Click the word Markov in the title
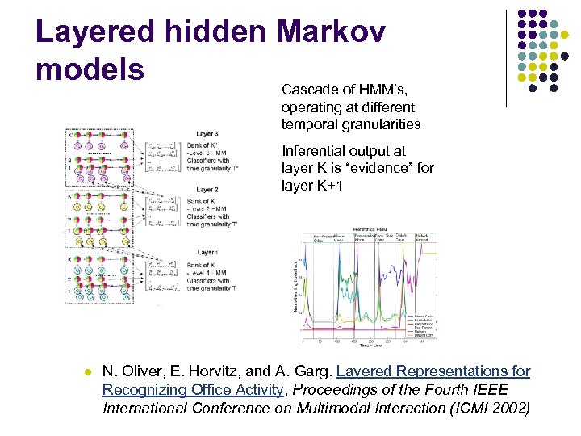click(331, 31)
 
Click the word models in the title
click(90, 69)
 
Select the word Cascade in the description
click(307, 90)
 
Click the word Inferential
click(313, 151)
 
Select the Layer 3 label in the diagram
click(207, 133)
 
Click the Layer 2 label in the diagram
click(207, 189)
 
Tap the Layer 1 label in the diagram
click(207, 253)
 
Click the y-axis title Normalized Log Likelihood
click(296, 286)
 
